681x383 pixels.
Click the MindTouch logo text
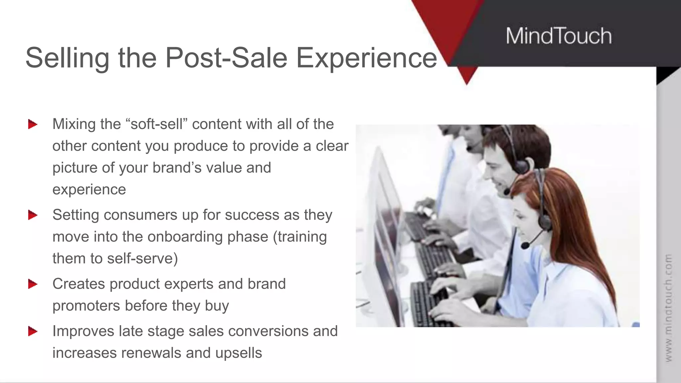pos(559,36)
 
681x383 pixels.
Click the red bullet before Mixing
pos(33,124)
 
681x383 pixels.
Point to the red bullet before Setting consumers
pos(33,215)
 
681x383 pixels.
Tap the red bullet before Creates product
pos(33,284)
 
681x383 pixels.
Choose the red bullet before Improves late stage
pos(33,331)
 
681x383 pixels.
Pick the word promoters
pos(86,306)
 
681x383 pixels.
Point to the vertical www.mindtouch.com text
pos(668,308)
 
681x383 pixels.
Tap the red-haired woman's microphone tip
pos(525,246)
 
